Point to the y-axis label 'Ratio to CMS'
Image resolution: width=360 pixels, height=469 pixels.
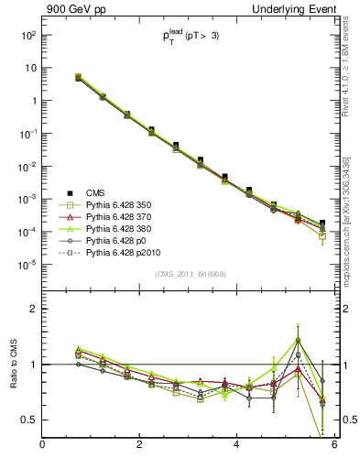(x=11, y=364)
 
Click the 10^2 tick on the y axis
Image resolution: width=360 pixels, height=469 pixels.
(x=27, y=35)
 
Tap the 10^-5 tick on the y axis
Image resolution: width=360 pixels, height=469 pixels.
(x=27, y=265)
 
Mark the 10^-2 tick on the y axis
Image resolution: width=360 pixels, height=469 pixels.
(x=27, y=167)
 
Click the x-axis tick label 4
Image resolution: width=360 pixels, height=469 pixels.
(x=237, y=445)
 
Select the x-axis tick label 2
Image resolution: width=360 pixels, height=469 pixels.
(x=139, y=445)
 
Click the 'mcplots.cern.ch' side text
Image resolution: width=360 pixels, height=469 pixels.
(x=351, y=229)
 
